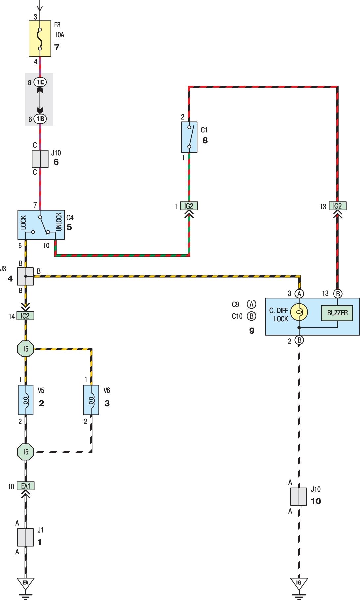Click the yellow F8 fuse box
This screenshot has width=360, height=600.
point(40,38)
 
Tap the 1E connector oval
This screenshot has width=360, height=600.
point(40,82)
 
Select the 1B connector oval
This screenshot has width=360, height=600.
point(40,119)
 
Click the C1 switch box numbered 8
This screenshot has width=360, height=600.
point(189,137)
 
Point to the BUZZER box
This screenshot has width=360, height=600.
point(337,313)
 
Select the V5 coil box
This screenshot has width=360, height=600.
point(26,400)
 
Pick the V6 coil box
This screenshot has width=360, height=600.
point(91,400)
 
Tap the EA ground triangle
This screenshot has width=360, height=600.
point(26,582)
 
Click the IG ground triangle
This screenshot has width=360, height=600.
point(299,582)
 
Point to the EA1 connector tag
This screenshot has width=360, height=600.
point(26,486)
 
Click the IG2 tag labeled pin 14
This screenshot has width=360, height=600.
point(26,316)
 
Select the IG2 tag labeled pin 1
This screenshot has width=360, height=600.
point(189,206)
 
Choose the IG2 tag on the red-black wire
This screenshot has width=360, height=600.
point(337,206)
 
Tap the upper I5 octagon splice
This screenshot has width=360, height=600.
point(26,349)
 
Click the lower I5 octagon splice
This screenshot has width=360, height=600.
point(26,451)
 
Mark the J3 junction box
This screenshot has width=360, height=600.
point(26,276)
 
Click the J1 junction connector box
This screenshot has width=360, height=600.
point(26,537)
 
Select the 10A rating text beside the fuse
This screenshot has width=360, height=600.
point(60,34)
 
